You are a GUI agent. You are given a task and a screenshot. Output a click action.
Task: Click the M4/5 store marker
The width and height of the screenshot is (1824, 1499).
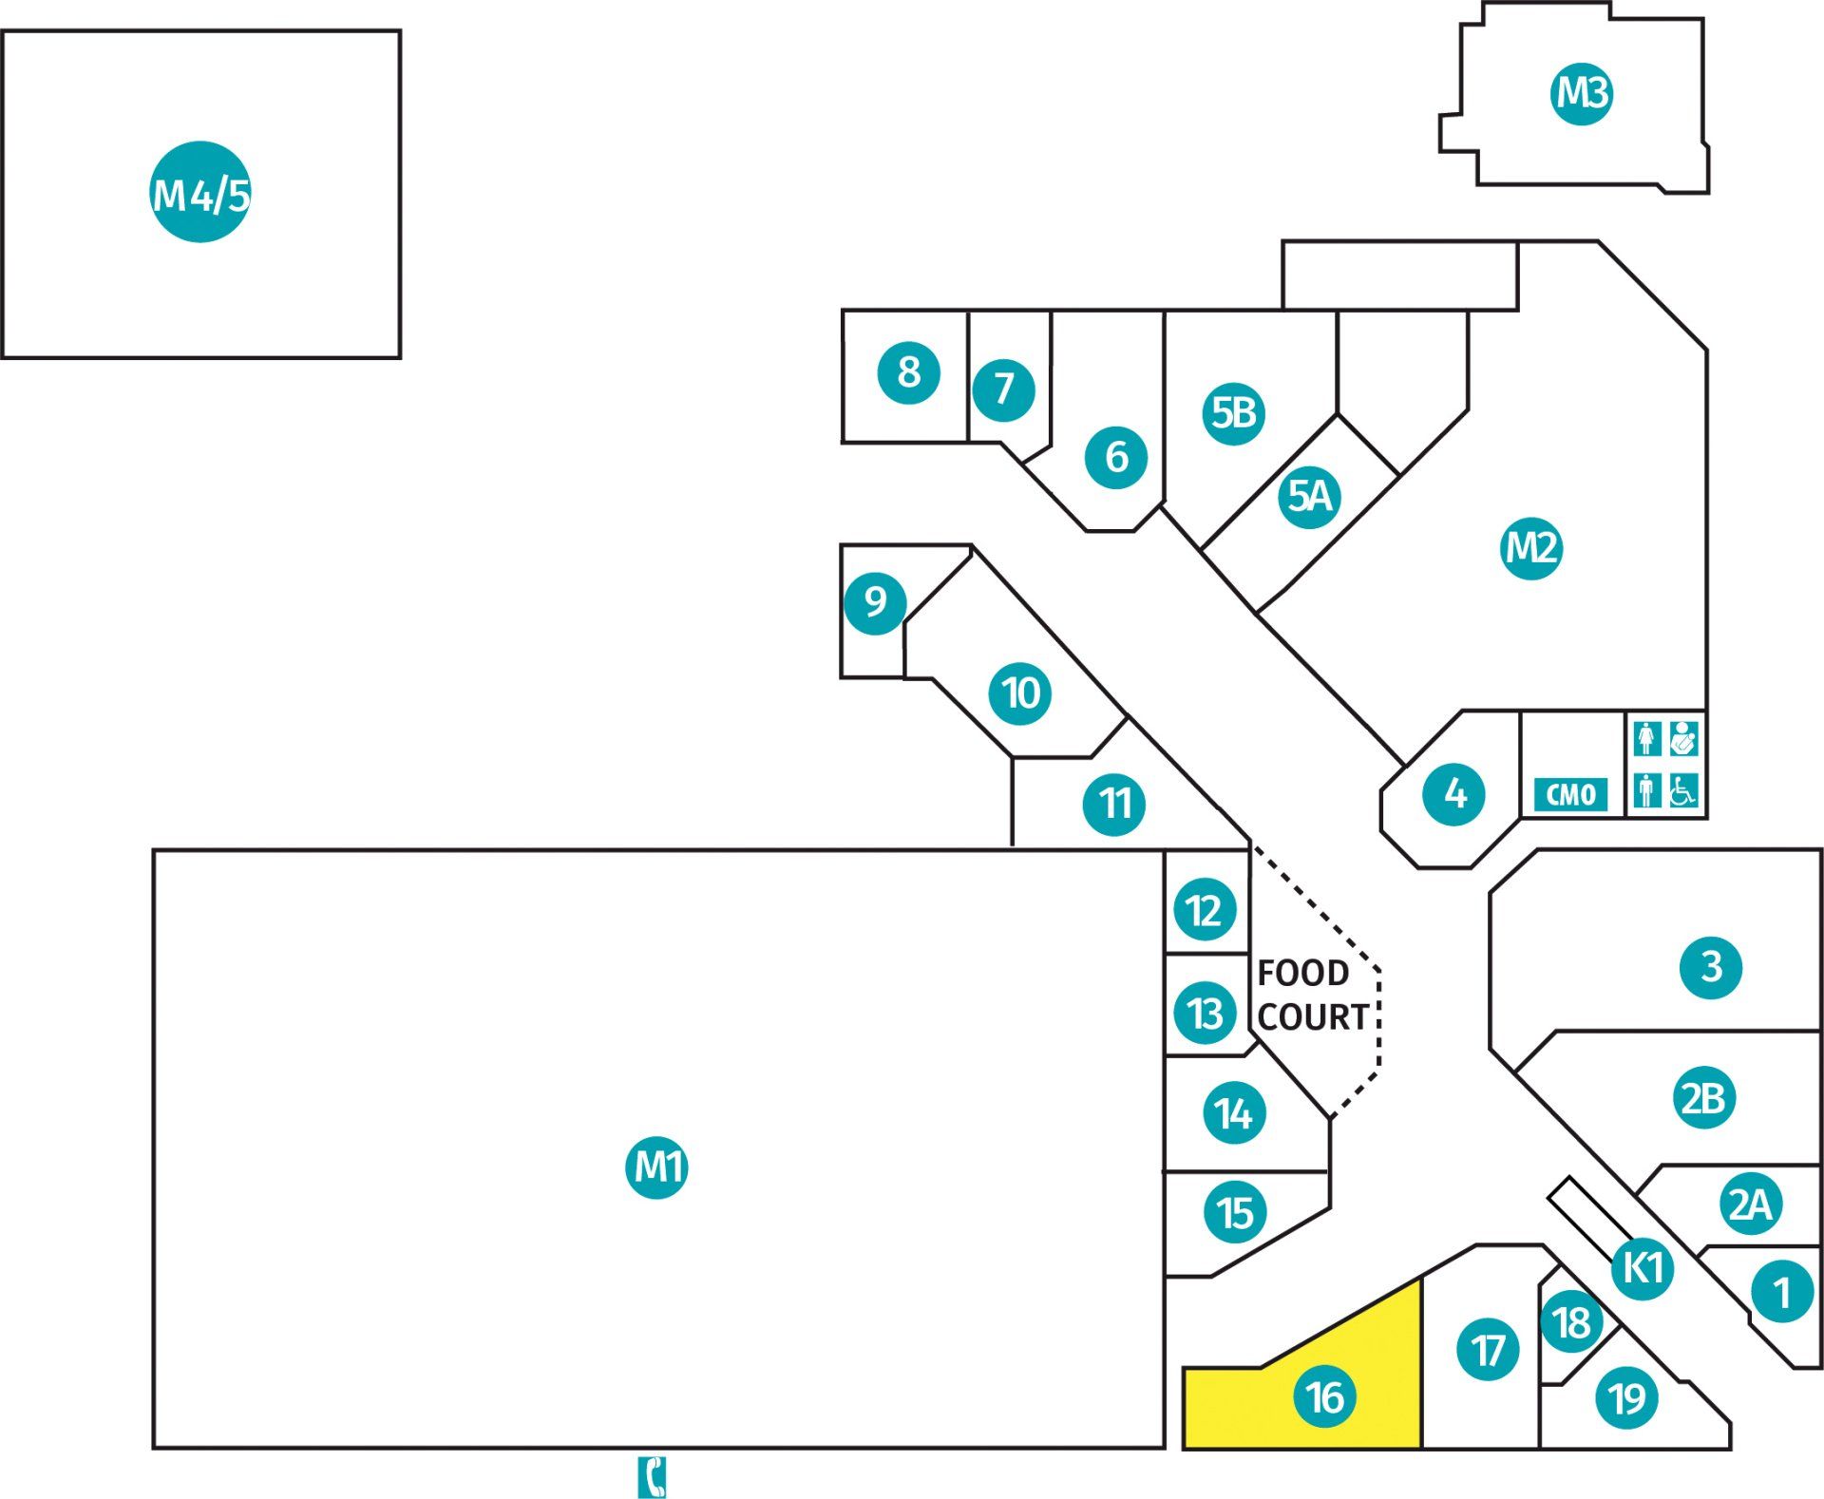coord(200,193)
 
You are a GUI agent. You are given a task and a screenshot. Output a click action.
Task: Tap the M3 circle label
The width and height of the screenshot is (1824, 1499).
coord(1582,93)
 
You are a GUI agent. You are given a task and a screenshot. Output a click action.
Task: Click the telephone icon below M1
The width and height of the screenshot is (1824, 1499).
coord(652,1476)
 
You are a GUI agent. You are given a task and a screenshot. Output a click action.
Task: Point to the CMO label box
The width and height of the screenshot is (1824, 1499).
coord(1571,794)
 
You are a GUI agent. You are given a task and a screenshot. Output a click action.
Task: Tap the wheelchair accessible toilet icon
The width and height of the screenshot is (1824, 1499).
coord(1682,790)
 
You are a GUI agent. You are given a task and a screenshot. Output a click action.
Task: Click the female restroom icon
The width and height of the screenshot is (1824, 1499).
coord(1647,739)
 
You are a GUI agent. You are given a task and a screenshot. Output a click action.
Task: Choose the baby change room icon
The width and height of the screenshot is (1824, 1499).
coord(1682,739)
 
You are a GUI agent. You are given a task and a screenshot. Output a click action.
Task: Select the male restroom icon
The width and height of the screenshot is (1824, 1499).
coord(1647,790)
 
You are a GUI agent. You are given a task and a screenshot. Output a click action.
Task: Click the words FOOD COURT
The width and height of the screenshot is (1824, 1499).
coord(1313,995)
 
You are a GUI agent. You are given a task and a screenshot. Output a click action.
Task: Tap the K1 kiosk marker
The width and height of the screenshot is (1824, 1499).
coord(1643,1267)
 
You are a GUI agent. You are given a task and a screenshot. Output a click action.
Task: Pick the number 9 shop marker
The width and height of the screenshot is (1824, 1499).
coord(875,602)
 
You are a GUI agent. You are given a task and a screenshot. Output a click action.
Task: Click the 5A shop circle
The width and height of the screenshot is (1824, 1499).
coord(1309,496)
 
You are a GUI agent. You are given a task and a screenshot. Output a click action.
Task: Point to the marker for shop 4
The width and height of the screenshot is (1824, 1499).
coord(1454,793)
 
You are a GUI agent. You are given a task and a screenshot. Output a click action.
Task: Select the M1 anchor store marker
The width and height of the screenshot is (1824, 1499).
coord(656,1167)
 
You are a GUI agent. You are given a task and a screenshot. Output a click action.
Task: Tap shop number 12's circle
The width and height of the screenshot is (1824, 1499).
coord(1205,911)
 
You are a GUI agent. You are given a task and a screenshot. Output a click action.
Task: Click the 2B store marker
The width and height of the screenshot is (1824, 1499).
coord(1703,1098)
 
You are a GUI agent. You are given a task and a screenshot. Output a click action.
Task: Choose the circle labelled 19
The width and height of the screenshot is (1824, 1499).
coord(1627,1397)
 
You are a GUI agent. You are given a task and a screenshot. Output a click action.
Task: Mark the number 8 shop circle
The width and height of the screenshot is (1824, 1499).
coord(908,372)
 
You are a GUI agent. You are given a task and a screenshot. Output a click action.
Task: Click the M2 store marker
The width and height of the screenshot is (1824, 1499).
coord(1531,548)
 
